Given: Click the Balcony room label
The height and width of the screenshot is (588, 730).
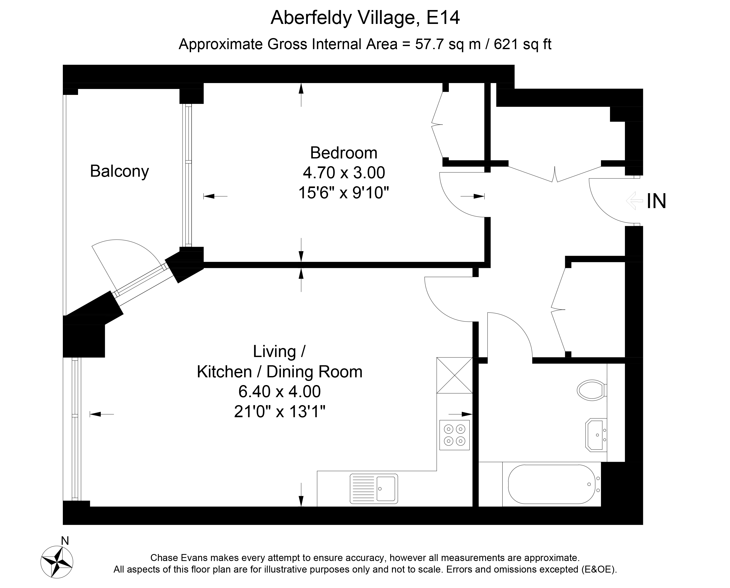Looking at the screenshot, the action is click(x=119, y=171).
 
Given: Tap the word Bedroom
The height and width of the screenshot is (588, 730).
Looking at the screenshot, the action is click(x=343, y=153).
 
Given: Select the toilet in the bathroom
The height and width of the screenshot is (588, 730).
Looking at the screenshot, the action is click(x=592, y=390).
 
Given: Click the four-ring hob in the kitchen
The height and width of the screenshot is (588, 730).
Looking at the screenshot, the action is click(x=454, y=435).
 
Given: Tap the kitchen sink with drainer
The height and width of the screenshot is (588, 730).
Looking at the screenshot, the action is click(x=374, y=489).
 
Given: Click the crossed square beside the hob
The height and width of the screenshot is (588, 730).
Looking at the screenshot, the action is click(x=454, y=375).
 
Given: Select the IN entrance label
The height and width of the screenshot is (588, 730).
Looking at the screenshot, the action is click(x=656, y=201).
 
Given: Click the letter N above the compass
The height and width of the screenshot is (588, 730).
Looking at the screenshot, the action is click(x=65, y=541).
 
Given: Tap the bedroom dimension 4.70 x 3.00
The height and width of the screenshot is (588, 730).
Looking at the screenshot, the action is click(x=344, y=173).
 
